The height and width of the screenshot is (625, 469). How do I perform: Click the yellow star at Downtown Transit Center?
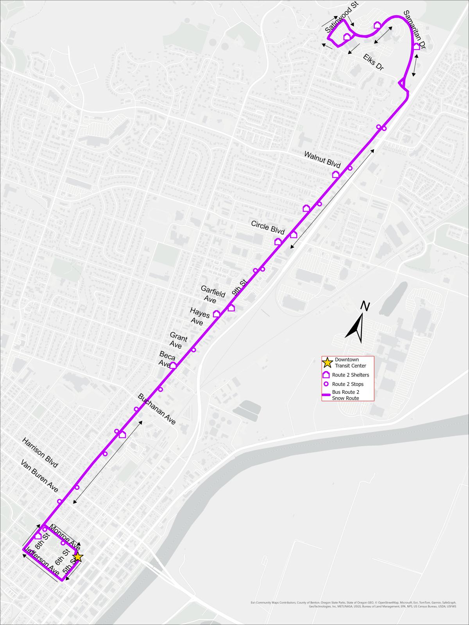(77, 557)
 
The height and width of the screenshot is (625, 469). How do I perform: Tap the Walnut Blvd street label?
(322, 160)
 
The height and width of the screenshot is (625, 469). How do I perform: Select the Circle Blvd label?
(268, 227)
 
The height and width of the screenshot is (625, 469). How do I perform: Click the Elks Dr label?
(373, 62)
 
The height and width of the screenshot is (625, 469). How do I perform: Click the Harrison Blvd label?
(40, 452)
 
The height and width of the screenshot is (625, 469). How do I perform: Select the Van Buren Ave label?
(39, 476)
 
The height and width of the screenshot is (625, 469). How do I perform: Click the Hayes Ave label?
(199, 316)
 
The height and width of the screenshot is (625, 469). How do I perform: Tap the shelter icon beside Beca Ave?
(174, 365)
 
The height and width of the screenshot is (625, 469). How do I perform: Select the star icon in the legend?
(327, 362)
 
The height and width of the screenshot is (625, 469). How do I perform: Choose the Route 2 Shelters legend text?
(351, 375)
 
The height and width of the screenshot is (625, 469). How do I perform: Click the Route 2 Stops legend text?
(348, 384)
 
